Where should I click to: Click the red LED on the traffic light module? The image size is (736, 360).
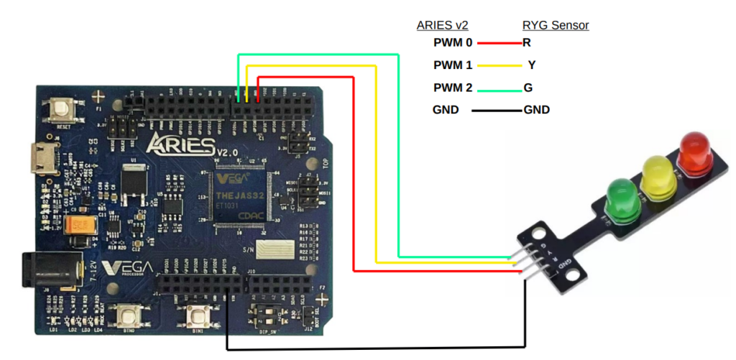(694, 152)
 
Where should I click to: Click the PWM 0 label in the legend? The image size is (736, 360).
(453, 43)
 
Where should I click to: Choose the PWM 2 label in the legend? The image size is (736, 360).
(453, 88)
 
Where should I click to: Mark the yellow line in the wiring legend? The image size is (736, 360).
(500, 65)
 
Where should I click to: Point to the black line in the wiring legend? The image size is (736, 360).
(497, 111)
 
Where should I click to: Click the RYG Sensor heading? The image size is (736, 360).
(556, 26)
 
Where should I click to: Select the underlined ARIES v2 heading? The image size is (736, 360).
(443, 26)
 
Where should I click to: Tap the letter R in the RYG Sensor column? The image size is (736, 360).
(527, 43)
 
